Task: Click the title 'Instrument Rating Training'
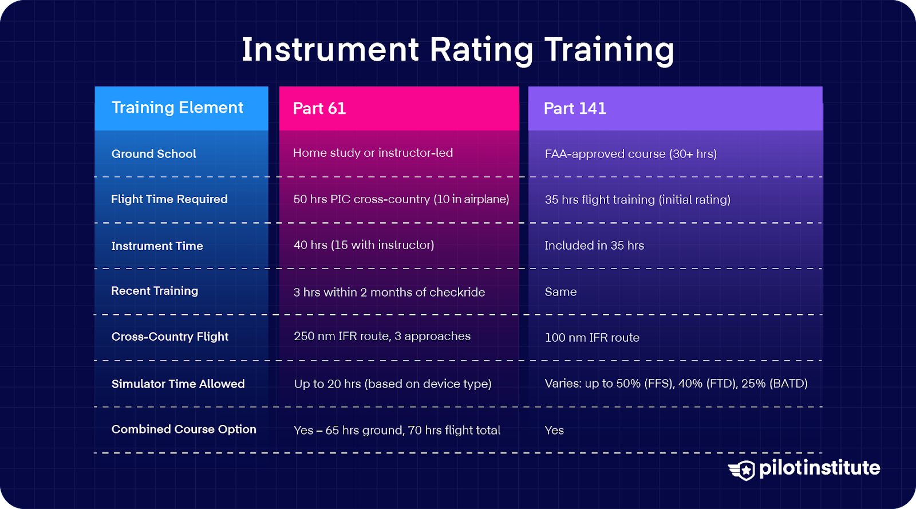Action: (x=457, y=50)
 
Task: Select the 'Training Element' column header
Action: (x=177, y=108)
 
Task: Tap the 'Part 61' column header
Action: (x=319, y=109)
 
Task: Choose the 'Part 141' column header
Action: (x=575, y=109)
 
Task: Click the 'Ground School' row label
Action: (x=153, y=154)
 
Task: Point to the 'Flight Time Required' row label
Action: (x=169, y=199)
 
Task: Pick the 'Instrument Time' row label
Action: (x=157, y=246)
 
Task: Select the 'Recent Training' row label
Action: (x=155, y=291)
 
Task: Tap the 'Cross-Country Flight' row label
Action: (x=169, y=337)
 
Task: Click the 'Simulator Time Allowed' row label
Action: (x=177, y=384)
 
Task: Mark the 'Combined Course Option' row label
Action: (x=183, y=429)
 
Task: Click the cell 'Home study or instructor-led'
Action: (x=373, y=153)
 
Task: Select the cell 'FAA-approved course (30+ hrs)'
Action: (x=630, y=154)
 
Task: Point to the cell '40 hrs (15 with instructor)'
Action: (x=364, y=245)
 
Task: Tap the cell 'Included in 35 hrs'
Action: (x=594, y=246)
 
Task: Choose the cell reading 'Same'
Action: (x=560, y=292)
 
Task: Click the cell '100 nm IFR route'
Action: (x=592, y=338)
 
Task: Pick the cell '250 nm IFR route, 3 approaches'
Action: (x=382, y=336)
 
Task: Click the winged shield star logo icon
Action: (x=743, y=470)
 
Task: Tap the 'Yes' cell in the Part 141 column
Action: (x=554, y=431)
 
